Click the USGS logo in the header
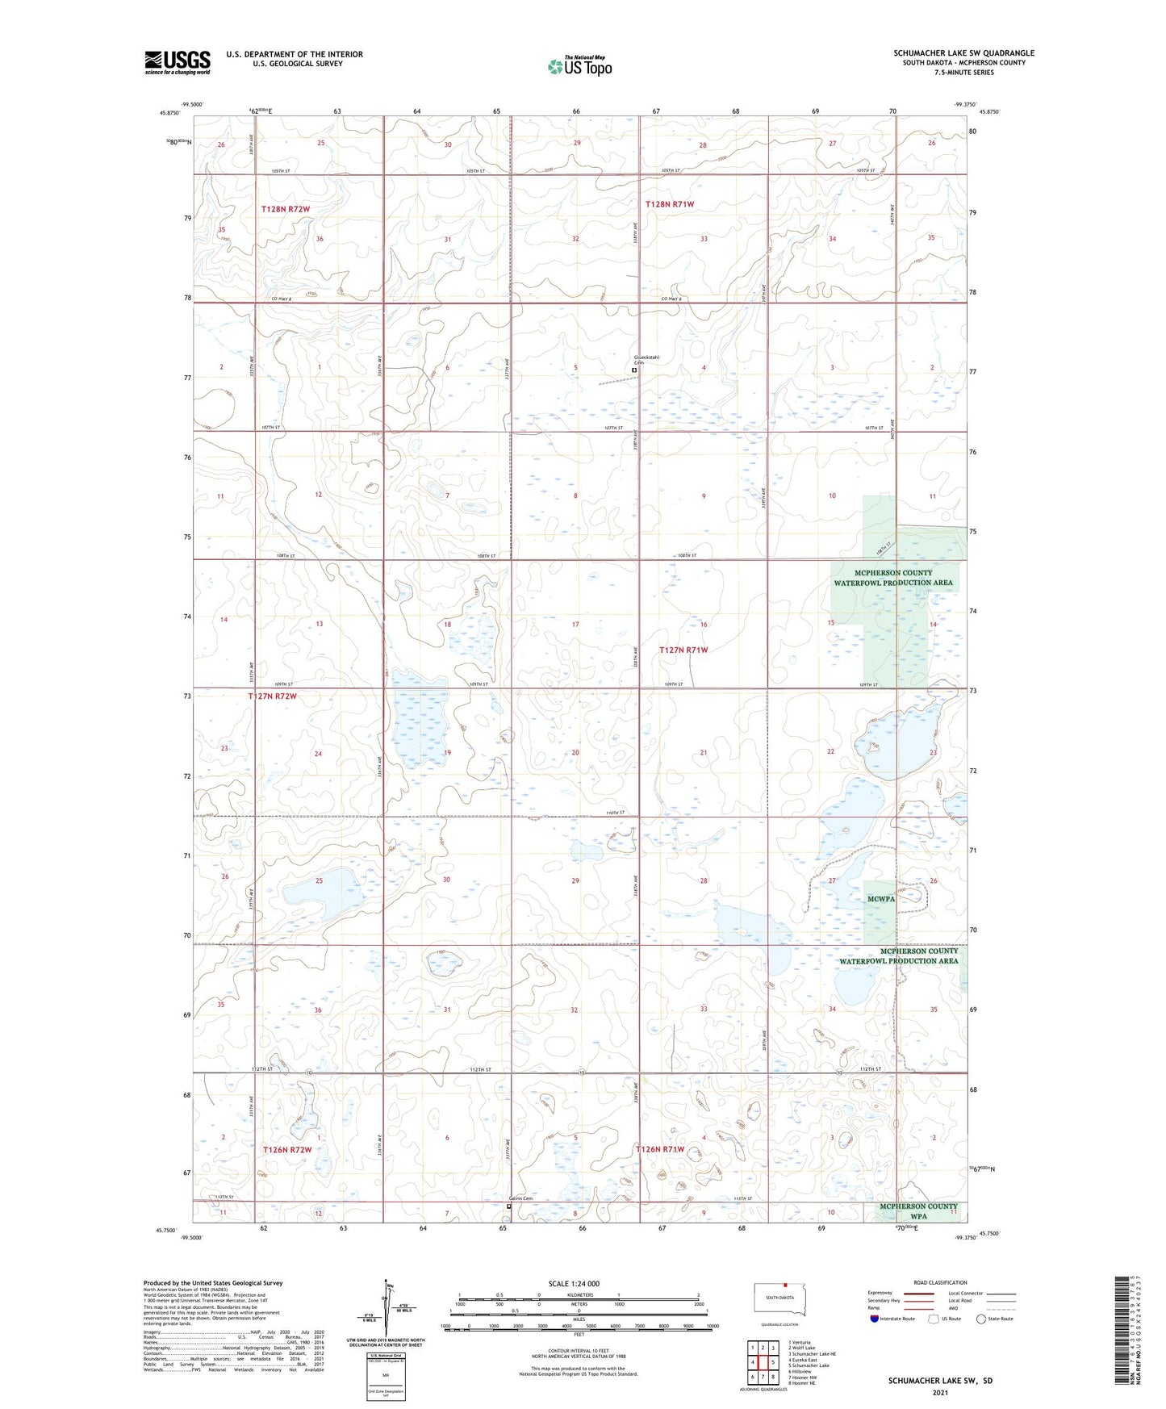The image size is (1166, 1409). point(178,62)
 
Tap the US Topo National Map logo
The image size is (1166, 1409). point(579,65)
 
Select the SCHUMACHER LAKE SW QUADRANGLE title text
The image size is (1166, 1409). point(963,53)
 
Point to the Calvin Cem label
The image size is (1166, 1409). point(520,1198)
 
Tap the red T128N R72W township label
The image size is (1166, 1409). point(286,209)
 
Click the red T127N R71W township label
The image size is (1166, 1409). point(683,650)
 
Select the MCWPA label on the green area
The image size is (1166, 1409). point(880,899)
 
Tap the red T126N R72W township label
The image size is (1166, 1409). point(287,1149)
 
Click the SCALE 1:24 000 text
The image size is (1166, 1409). point(574,1284)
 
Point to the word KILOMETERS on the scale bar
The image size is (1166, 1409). point(579,1294)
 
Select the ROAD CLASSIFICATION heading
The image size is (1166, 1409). point(940,1282)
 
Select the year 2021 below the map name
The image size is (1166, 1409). point(940,1393)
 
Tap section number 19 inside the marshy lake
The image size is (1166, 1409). point(447,752)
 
